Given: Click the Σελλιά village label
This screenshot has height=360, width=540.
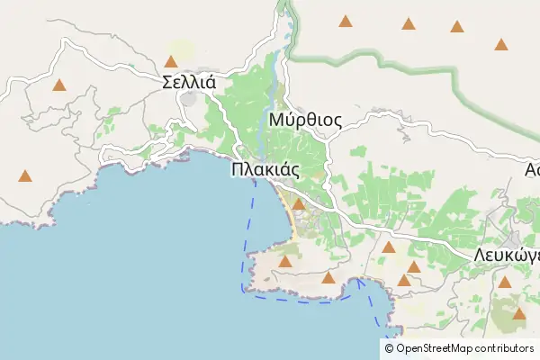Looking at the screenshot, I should (x=189, y=82).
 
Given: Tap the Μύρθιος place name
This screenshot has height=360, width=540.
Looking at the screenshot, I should (x=304, y=120).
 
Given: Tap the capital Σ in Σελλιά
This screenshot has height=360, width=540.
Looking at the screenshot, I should (x=168, y=82).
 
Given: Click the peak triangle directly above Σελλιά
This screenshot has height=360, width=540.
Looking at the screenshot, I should (x=171, y=62).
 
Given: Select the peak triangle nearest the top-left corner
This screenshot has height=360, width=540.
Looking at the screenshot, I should (x=59, y=85).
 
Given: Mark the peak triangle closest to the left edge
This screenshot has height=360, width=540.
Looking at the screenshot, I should (x=25, y=176).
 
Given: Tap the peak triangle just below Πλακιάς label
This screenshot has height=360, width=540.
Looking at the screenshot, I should (x=298, y=205).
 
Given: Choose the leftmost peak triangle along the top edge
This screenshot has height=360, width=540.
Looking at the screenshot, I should (x=345, y=21).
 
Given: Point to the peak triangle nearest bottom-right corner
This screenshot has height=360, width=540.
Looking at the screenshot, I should (x=519, y=314).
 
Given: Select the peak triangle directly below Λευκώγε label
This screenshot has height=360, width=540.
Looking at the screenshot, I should (x=504, y=282).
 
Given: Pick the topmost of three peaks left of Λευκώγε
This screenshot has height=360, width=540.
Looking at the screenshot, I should (x=389, y=247).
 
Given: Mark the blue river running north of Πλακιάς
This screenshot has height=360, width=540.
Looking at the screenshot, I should (x=258, y=126).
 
